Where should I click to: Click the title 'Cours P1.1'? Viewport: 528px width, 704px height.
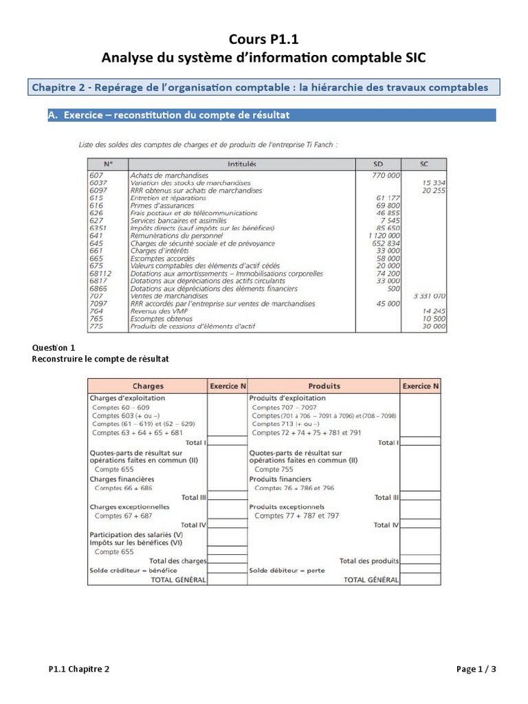[x=263, y=40]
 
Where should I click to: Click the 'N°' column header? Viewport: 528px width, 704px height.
[x=107, y=164]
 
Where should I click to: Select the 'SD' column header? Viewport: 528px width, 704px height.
[x=378, y=164]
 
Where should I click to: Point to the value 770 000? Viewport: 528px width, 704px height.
[x=385, y=175]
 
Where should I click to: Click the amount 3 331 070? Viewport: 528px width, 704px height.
[x=428, y=296]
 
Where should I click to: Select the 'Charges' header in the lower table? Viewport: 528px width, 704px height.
[x=148, y=386]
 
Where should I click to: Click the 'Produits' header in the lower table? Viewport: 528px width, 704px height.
[x=324, y=386]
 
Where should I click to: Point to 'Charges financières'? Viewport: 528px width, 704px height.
[x=122, y=478]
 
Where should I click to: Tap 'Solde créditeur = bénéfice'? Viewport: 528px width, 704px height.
[x=133, y=571]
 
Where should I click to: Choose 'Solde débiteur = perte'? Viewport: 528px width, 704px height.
[x=287, y=571]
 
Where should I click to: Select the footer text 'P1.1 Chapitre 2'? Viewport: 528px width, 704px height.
[x=79, y=669]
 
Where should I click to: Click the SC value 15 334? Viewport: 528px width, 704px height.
[x=432, y=183]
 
